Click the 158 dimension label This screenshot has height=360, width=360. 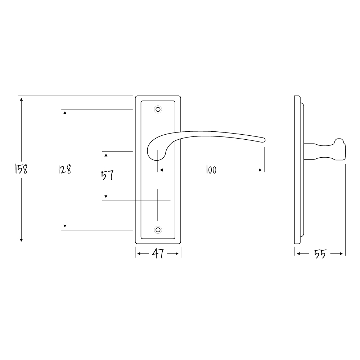click(x=21, y=169)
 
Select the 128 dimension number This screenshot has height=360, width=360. click(x=65, y=169)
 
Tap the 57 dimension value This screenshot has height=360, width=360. click(x=107, y=175)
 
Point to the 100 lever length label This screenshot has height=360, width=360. click(x=211, y=170)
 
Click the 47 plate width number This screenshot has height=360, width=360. click(x=158, y=254)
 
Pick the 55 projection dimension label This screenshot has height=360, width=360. click(x=320, y=254)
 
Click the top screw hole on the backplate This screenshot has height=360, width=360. click(x=158, y=109)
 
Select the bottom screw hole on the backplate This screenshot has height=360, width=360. click(x=158, y=230)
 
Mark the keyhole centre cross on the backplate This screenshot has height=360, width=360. click(x=158, y=200)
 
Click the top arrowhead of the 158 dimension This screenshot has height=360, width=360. click(x=21, y=99)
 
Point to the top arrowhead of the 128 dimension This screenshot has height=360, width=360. click(x=65, y=112)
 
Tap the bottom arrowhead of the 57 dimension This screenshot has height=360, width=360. click(x=106, y=197)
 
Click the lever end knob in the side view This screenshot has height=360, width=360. click(x=340, y=149)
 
